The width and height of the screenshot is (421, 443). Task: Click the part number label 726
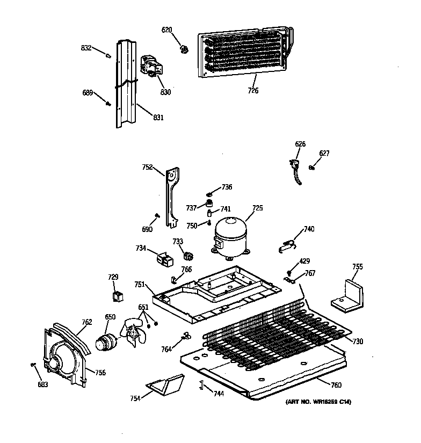click(x=253, y=91)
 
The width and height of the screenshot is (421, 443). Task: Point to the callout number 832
click(x=86, y=48)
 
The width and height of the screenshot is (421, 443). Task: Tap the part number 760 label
click(x=336, y=384)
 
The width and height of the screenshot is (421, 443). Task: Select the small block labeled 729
click(x=115, y=296)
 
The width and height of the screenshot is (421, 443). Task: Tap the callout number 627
click(x=324, y=153)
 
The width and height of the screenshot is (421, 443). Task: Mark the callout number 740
click(x=309, y=229)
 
